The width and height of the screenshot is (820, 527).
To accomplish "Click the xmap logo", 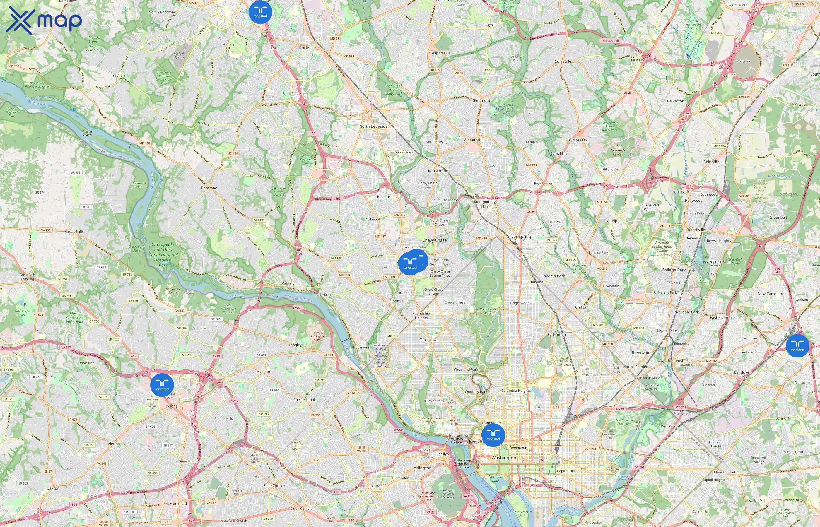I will click(45, 20).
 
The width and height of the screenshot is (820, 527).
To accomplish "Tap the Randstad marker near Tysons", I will click(162, 385).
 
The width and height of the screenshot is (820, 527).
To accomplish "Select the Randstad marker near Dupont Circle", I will click(493, 435).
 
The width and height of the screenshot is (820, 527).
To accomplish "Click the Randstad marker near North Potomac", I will click(260, 12).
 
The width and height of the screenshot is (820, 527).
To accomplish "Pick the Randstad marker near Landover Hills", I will click(797, 346).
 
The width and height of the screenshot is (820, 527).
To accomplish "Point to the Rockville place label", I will click(307, 48).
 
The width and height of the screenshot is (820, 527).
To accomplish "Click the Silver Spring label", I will click(519, 237).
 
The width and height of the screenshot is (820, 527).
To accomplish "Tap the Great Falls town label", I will click(74, 232).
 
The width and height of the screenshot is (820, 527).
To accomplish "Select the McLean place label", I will click(263, 372).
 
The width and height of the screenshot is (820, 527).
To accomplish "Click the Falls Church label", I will click(274, 486).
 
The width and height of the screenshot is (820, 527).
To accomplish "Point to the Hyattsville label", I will click(667, 331).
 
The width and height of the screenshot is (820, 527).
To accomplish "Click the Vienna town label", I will click(114, 444).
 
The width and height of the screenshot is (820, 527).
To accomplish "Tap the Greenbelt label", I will click(778, 217).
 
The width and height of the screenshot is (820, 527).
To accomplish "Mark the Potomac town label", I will click(209, 188).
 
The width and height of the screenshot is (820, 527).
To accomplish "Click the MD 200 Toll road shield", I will click(611, 41).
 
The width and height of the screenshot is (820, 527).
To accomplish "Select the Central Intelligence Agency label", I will click(318, 336).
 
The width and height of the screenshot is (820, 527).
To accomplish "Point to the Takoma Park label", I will click(553, 276).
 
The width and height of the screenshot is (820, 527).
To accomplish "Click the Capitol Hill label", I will click(566, 471).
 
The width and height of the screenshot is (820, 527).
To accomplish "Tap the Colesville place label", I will click(563, 61).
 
